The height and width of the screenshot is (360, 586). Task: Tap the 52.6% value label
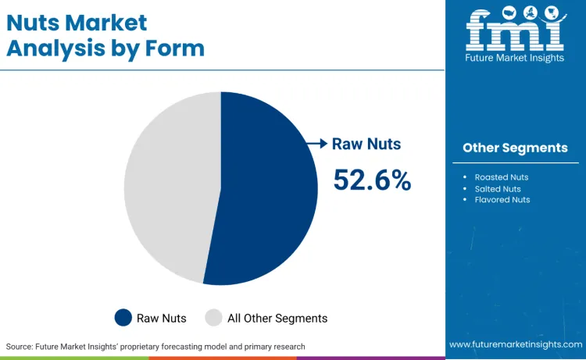click(x=372, y=180)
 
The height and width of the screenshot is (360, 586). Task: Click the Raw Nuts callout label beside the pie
click(x=366, y=144)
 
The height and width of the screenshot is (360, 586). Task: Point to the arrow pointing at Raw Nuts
click(x=316, y=144)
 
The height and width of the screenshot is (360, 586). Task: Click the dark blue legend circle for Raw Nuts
click(x=123, y=318)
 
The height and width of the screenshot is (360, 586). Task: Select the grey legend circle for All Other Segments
click(x=213, y=318)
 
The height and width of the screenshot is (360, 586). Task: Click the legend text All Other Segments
click(x=277, y=318)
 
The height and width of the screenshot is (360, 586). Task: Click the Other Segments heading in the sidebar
click(x=515, y=148)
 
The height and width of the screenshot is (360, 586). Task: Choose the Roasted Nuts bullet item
click(x=502, y=177)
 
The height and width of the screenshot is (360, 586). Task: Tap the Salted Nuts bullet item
click(x=498, y=189)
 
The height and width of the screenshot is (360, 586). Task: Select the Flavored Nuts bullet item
click(x=502, y=200)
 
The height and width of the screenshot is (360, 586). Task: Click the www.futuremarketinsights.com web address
click(x=515, y=344)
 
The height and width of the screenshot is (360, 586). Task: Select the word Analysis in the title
click(x=54, y=48)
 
